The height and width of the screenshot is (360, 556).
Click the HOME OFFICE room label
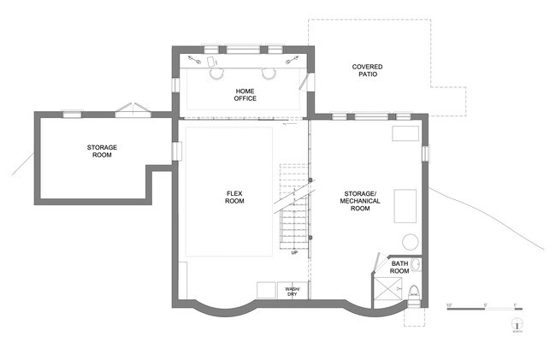(245, 94)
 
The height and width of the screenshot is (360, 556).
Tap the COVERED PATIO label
(366, 71)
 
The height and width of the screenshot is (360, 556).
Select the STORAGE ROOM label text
(102, 151)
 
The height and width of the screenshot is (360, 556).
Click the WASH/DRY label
(293, 291)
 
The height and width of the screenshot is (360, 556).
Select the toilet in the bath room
(414, 290)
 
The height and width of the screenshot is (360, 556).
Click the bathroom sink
(416, 264)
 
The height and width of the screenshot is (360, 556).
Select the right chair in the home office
(268, 74)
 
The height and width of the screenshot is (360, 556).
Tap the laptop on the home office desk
(208, 61)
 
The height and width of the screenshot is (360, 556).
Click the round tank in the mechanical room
(409, 241)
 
